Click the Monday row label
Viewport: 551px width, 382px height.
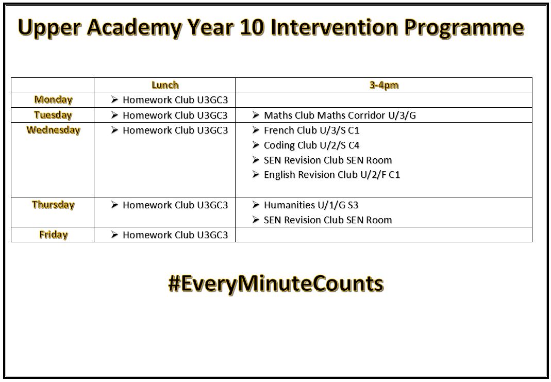click(x=54, y=100)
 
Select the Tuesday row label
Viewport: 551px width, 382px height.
click(x=53, y=115)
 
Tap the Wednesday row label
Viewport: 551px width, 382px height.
click(x=54, y=130)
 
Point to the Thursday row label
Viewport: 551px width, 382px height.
click(x=54, y=205)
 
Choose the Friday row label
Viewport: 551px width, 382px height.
click(x=54, y=235)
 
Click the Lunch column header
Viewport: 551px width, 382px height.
click(x=165, y=85)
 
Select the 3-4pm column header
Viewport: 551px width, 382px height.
click(x=384, y=85)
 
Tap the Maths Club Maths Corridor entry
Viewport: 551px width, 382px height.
click(x=340, y=115)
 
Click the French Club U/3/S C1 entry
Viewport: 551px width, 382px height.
click(x=312, y=130)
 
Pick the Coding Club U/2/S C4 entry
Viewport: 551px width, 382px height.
click(x=312, y=145)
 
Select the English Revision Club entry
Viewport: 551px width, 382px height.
click(x=332, y=175)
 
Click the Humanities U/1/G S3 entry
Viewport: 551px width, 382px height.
click(x=311, y=205)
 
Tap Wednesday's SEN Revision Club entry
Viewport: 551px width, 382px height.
click(x=328, y=160)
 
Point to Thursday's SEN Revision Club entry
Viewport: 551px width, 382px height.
click(x=328, y=220)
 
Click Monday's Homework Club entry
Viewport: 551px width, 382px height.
click(x=175, y=100)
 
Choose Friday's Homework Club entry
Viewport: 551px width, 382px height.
click(x=175, y=235)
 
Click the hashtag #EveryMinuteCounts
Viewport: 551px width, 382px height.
click(x=276, y=284)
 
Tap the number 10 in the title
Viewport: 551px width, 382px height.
click(x=252, y=27)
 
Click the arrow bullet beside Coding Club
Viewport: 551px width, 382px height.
click(x=256, y=145)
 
